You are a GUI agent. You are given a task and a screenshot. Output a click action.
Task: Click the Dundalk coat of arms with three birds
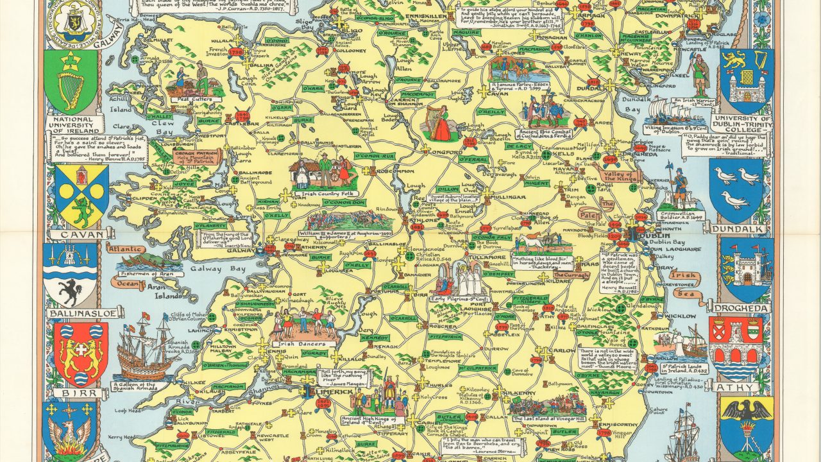(736, 187)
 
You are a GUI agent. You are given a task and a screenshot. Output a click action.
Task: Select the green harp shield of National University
(71, 81)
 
